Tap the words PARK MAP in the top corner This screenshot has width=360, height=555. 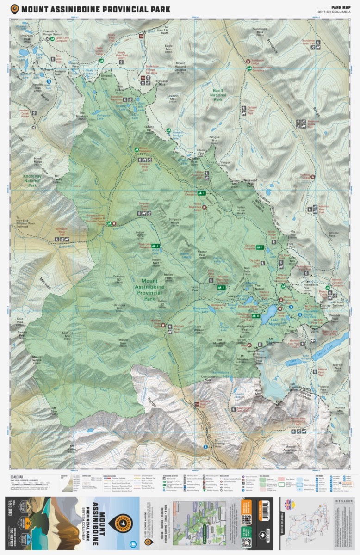tap(340, 6)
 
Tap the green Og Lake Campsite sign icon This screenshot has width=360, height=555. tap(261, 247)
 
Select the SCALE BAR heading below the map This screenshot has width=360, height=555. tap(18, 475)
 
